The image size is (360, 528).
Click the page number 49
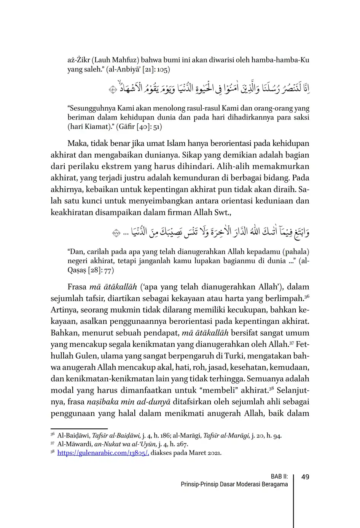(x=305, y=477)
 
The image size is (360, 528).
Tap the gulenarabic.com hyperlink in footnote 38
(x=103, y=453)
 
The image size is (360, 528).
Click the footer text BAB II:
(x=279, y=477)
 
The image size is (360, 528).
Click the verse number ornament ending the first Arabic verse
(x=112, y=90)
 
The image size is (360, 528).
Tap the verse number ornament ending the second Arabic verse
(x=116, y=232)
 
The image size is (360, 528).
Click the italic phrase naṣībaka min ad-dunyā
(x=129, y=402)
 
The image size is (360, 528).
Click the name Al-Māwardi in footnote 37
(x=75, y=444)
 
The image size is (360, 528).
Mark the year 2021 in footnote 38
(x=214, y=453)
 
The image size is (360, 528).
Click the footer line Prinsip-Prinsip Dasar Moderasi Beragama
(x=234, y=485)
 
